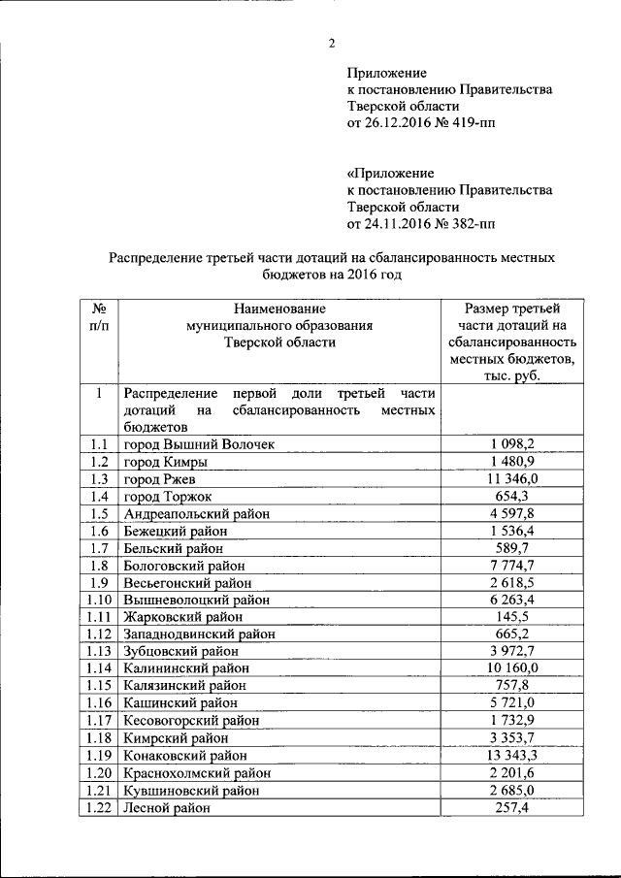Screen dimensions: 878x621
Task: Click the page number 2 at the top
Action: pyautogui.click(x=331, y=43)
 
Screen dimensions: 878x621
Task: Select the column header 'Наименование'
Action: pyautogui.click(x=280, y=309)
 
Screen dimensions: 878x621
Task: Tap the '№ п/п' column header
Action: pyautogui.click(x=98, y=317)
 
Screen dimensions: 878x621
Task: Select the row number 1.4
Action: pyautogui.click(x=98, y=497)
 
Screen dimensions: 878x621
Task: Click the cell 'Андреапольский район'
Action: pyautogui.click(x=196, y=515)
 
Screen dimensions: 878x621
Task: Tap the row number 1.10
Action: pyautogui.click(x=98, y=602)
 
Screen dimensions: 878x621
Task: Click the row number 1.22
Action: pyautogui.click(x=98, y=808)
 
